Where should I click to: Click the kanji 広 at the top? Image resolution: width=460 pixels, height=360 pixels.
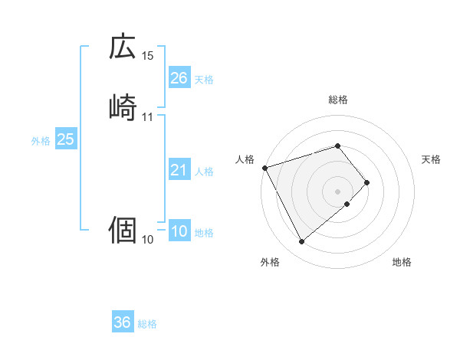pos(123,47)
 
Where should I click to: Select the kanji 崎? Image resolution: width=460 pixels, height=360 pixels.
pos(123,107)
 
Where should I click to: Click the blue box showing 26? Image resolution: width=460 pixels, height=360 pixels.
pos(179,78)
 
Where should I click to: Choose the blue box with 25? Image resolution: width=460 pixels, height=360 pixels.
pos(66,139)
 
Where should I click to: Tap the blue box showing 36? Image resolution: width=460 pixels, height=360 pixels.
pos(123,322)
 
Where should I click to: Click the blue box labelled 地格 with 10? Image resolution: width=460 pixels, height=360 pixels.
pos(179,232)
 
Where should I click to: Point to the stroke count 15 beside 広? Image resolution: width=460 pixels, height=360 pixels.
pos(148,57)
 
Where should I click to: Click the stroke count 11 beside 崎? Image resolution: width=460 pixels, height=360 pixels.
pos(148,117)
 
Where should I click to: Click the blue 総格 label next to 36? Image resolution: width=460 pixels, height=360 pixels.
pos(147,324)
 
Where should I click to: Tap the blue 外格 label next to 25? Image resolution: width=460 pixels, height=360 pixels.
pos(41,141)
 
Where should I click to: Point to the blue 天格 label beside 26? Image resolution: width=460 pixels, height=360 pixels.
pos(204,80)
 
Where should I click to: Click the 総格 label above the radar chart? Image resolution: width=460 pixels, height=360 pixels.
pos(338,100)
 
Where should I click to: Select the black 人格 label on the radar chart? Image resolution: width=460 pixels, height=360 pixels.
pos(245,159)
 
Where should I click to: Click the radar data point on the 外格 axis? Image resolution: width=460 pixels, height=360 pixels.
pos(301,242)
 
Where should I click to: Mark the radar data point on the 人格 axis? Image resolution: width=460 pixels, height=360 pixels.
pos(264,168)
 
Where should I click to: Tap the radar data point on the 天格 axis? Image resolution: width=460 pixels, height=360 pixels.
pos(367,182)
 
